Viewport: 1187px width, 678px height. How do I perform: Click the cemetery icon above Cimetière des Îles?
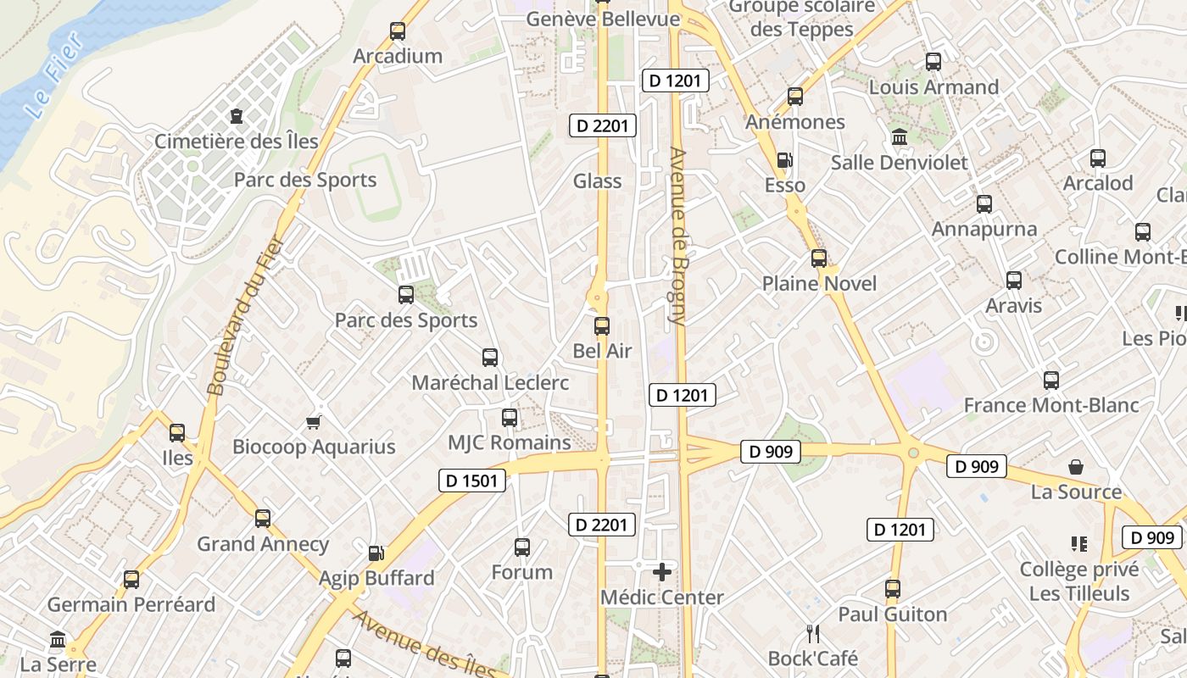(236, 115)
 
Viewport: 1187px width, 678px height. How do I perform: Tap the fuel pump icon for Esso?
(785, 160)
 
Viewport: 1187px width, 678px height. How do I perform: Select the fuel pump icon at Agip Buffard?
(376, 553)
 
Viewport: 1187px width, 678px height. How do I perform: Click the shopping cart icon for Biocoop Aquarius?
(314, 422)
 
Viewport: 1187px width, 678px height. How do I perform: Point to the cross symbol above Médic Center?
(662, 572)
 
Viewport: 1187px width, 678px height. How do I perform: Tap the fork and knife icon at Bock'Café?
(812, 633)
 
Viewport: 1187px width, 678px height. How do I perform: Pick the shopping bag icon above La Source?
(1076, 467)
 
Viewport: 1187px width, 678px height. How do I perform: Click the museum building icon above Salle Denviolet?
(899, 136)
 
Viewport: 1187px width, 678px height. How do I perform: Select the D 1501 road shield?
(473, 481)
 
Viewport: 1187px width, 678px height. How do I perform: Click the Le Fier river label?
(53, 76)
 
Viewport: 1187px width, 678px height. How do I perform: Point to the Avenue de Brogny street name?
(677, 236)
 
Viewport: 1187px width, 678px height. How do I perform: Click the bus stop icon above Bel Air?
(602, 325)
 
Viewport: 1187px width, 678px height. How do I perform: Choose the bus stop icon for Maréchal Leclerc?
(490, 358)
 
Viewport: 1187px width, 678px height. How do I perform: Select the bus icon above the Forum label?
(522, 547)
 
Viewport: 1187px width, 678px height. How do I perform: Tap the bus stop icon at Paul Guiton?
(893, 589)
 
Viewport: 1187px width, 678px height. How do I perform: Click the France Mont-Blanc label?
(1051, 406)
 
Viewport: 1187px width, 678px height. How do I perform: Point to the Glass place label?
(597, 181)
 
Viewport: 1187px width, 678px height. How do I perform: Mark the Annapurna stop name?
(984, 229)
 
